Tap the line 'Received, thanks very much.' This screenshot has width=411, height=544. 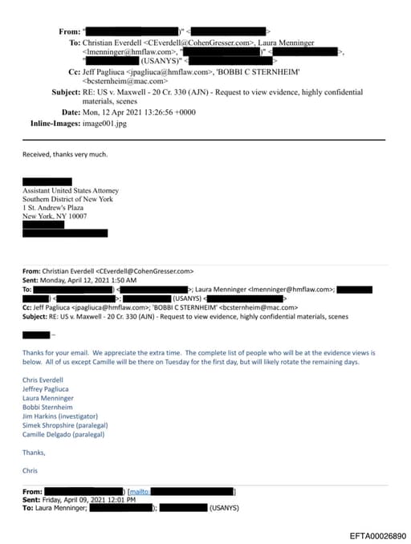[64, 154]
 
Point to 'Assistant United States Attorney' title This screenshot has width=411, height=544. [71, 190]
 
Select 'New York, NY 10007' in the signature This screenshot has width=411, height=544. [55, 216]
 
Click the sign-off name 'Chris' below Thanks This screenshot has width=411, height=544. [30, 470]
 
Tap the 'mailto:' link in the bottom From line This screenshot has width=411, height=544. [139, 490]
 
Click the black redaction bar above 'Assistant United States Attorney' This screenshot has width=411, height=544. [47, 181]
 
